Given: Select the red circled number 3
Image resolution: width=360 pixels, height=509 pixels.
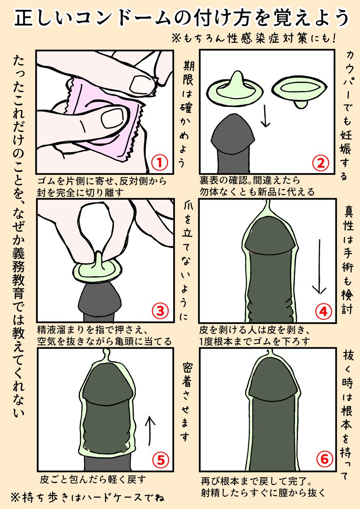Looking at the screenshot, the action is point(160,311).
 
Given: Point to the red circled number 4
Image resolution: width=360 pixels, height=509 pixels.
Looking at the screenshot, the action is point(323,311).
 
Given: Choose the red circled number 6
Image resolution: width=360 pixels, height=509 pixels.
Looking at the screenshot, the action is point(324,459).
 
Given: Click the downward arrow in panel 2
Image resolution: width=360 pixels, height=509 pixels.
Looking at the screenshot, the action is point(265,115).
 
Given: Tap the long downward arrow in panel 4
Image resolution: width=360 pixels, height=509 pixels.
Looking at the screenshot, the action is point(319,266).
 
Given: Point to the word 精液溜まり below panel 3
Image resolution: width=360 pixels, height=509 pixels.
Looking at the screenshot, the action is point(65,330).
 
